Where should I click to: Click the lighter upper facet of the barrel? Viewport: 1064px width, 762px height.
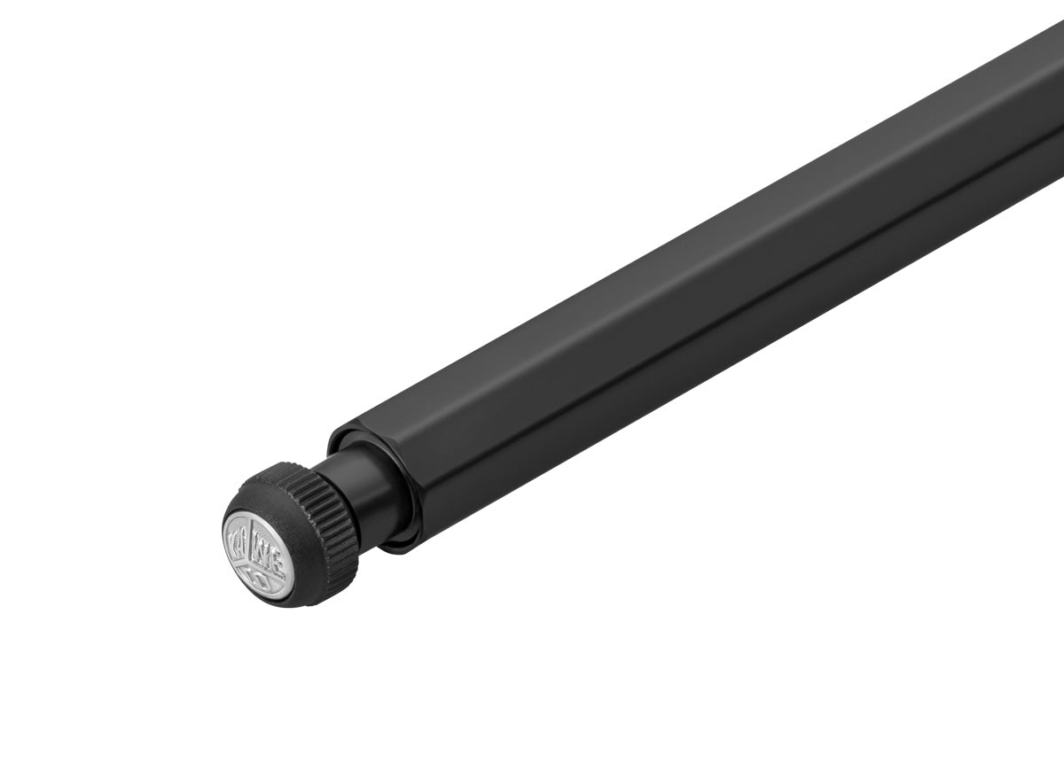(665, 266)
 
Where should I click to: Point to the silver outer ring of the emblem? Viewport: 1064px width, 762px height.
(227, 532)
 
